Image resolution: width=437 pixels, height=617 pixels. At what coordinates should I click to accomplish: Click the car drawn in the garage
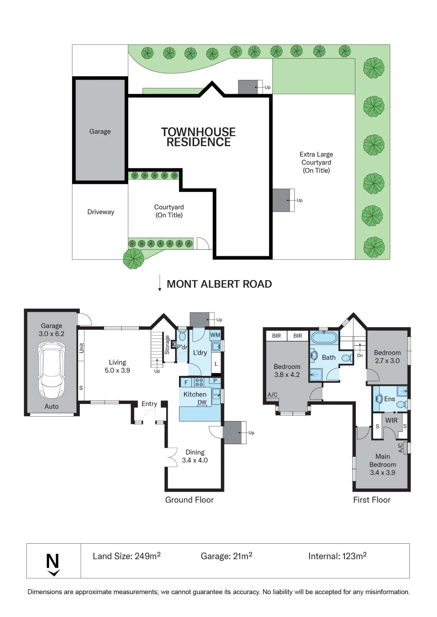(52, 370)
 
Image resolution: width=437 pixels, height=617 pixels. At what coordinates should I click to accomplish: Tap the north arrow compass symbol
(53, 565)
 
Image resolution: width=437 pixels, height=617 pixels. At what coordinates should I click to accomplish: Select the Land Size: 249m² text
(127, 556)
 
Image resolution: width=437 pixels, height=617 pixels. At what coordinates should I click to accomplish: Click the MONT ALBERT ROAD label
(219, 284)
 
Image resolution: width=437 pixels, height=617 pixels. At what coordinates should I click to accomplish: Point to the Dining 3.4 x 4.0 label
(195, 456)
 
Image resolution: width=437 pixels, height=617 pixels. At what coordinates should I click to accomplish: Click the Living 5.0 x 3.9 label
(117, 366)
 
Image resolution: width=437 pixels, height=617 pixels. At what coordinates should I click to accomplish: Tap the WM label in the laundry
(215, 335)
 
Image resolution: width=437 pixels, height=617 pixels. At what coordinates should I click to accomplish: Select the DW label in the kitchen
(202, 402)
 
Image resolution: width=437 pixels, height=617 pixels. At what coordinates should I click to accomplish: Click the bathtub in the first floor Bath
(324, 337)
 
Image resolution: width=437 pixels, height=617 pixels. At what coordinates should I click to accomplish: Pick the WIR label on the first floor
(391, 420)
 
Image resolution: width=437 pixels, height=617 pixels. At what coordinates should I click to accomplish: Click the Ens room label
(389, 399)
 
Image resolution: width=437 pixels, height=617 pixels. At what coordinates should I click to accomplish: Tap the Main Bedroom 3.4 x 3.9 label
(383, 464)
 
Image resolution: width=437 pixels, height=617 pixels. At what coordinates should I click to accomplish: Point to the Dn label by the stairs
(360, 355)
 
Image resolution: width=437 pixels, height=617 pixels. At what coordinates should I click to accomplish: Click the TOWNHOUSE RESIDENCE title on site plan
(198, 137)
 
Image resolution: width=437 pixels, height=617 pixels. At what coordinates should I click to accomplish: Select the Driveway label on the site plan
(101, 212)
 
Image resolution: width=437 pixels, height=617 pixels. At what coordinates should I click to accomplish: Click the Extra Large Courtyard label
(316, 162)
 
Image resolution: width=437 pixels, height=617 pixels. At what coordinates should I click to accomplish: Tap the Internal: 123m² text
(337, 556)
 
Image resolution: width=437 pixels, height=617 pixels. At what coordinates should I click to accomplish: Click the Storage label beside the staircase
(167, 345)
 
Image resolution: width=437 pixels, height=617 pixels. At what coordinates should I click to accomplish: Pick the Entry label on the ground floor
(149, 404)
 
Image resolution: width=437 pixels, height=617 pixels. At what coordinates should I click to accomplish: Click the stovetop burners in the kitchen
(199, 383)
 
